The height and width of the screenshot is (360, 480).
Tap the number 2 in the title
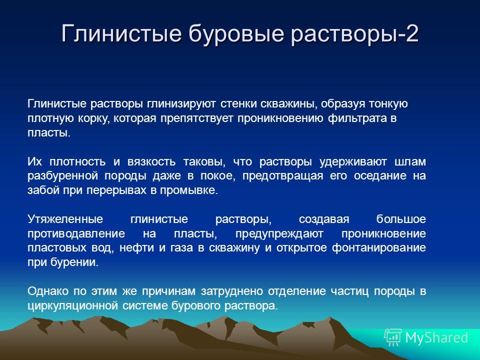412,33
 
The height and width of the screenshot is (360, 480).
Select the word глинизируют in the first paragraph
181,104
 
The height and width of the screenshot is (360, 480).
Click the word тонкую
388,104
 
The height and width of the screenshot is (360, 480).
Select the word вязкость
151,161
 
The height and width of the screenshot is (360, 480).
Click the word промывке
189,190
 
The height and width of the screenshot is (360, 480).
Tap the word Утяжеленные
65,219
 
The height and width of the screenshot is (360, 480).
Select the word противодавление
76,234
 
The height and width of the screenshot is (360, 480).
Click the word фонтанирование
379,248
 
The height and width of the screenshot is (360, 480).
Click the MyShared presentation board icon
393,337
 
